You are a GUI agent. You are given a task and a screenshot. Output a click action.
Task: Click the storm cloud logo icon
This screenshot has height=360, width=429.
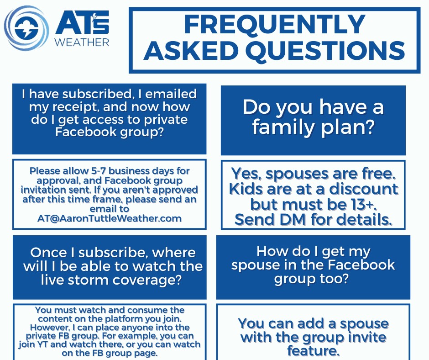click(x=26, y=28)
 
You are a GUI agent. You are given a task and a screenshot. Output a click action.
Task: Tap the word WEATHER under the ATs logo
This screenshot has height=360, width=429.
click(x=82, y=42)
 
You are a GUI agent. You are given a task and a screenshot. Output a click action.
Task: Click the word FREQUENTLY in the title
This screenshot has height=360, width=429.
click(x=275, y=24)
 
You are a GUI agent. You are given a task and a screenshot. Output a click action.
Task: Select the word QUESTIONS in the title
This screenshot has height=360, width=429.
click(x=325, y=50)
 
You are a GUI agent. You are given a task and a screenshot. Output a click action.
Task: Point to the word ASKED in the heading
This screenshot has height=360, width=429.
click(x=191, y=50)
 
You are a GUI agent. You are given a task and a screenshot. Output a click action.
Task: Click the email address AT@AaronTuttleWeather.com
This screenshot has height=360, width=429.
click(x=110, y=218)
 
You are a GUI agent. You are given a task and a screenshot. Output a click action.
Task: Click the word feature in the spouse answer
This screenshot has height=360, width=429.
click(x=312, y=351)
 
